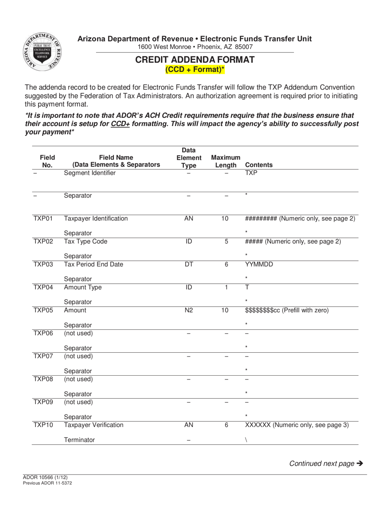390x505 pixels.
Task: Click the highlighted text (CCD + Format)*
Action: [x=195, y=69]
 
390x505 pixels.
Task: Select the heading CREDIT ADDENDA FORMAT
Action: [x=195, y=60]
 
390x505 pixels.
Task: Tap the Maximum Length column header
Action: [x=226, y=161]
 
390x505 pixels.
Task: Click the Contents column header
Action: [x=259, y=165]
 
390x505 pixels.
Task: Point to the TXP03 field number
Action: [x=43, y=264]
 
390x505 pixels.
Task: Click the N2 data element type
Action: [x=188, y=310]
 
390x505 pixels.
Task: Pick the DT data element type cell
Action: [x=188, y=264]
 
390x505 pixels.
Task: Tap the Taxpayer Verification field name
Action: [x=93, y=425]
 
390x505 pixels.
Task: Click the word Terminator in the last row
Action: [x=79, y=440]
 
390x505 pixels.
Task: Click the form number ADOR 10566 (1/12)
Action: [x=45, y=477]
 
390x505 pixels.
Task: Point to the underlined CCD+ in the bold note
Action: [x=120, y=124]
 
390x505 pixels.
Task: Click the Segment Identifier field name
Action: [x=89, y=173]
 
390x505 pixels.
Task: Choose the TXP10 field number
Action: [x=43, y=425]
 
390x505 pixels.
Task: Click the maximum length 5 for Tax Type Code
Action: [x=226, y=241]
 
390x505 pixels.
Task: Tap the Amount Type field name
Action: [x=83, y=287]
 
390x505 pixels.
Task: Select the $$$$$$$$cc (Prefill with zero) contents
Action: [x=287, y=310]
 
